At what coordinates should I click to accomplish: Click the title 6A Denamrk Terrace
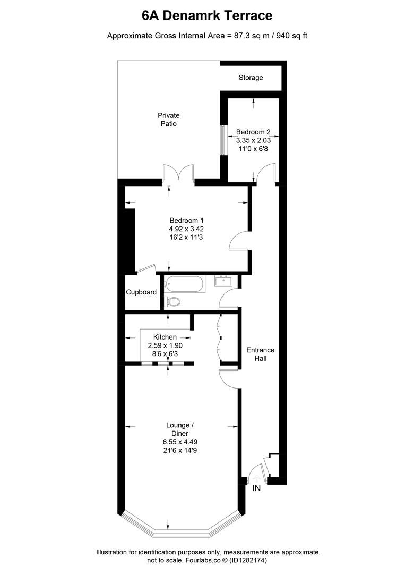pyautogui.click(x=207, y=16)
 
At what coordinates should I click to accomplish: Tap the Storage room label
pyautogui.click(x=251, y=78)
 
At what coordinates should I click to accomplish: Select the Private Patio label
pyautogui.click(x=169, y=120)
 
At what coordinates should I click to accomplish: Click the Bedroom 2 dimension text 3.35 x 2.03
pyautogui.click(x=253, y=141)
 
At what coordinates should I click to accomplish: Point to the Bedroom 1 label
pyautogui.click(x=186, y=221)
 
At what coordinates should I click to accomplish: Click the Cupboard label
pyautogui.click(x=141, y=292)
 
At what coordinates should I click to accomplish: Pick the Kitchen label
pyautogui.click(x=165, y=337)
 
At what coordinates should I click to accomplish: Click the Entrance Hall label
pyautogui.click(x=260, y=354)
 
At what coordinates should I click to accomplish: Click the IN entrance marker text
pyautogui.click(x=256, y=488)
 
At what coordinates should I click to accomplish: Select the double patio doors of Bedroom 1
pyautogui.click(x=179, y=173)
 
